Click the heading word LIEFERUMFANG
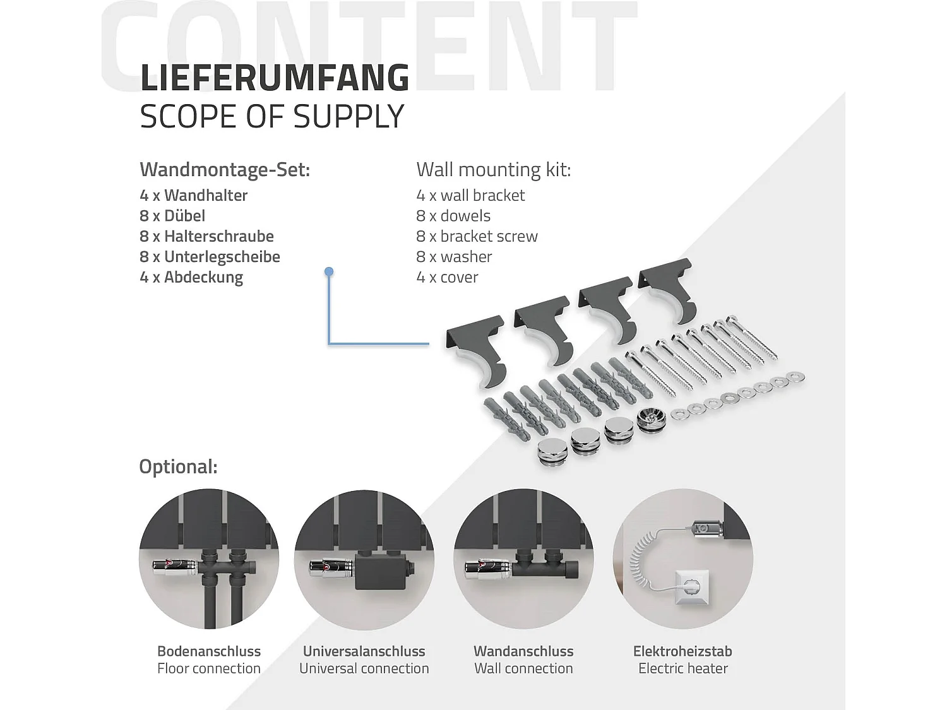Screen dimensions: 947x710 pyautogui.click(x=275, y=78)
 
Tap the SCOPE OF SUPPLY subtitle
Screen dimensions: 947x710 pyautogui.click(x=272, y=116)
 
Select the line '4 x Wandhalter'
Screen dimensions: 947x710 pyautogui.click(x=193, y=195)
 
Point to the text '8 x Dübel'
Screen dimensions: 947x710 pyautogui.click(x=172, y=216)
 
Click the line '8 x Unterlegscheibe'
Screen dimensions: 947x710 pyautogui.click(x=210, y=256)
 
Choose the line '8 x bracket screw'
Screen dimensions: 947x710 pyautogui.click(x=477, y=236)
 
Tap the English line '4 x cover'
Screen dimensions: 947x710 pyautogui.click(x=447, y=277)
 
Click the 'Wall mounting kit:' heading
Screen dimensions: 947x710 pyautogui.click(x=494, y=169)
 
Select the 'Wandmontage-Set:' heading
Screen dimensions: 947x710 pyautogui.click(x=225, y=170)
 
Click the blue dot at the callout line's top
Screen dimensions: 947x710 pyautogui.click(x=329, y=271)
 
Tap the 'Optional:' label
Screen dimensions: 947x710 pyautogui.click(x=178, y=466)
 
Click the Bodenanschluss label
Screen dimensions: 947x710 pyautogui.click(x=209, y=651)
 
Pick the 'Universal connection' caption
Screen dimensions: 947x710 pyautogui.click(x=364, y=668)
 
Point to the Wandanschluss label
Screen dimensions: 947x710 pyautogui.click(x=523, y=651)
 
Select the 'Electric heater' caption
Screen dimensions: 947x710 pyautogui.click(x=683, y=668)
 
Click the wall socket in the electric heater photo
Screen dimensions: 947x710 pyautogui.click(x=691, y=586)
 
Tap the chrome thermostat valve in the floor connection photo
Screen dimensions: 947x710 pyautogui.click(x=175, y=567)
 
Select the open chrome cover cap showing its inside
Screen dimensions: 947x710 pyautogui.click(x=652, y=420)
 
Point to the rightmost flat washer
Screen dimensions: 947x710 pyautogui.click(x=795, y=377)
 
